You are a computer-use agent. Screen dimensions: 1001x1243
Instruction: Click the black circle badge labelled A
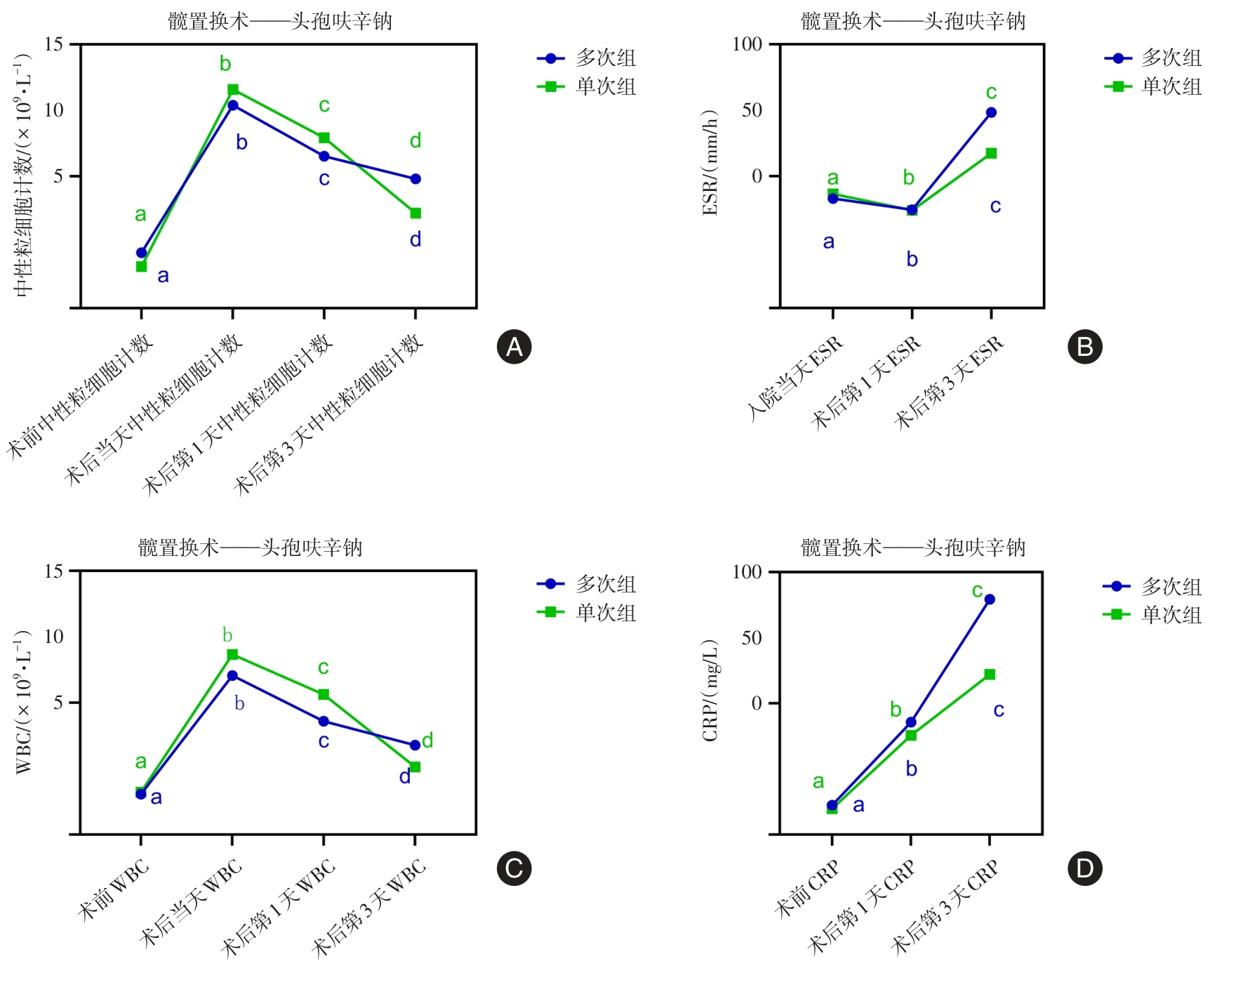pyautogui.click(x=514, y=347)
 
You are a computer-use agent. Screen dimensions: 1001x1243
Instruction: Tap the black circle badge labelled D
pyautogui.click(x=1084, y=868)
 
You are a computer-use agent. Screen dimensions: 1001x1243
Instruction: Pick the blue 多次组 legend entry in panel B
pyautogui.click(x=1152, y=58)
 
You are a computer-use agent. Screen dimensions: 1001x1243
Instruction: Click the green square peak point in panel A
pyautogui.click(x=233, y=89)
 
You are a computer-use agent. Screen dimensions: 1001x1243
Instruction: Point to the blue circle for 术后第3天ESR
pyautogui.click(x=991, y=112)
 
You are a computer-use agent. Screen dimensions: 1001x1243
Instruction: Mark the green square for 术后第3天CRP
pyautogui.click(x=990, y=675)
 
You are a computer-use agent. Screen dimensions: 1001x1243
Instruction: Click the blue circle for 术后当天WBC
pyautogui.click(x=232, y=676)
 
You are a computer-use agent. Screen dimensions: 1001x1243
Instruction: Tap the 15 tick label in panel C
pyautogui.click(x=53, y=571)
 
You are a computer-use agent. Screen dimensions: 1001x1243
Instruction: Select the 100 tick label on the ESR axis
pyautogui.click(x=747, y=44)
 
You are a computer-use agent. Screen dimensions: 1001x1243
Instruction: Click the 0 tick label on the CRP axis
pyautogui.click(x=756, y=703)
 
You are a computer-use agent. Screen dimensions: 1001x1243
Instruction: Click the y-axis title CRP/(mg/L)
pyautogui.click(x=710, y=691)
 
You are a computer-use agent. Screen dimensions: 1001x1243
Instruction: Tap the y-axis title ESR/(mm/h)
pyautogui.click(x=710, y=163)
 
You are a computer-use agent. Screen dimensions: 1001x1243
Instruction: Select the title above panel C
pyautogui.click(x=250, y=548)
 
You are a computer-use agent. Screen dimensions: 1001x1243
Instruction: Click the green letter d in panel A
pyautogui.click(x=416, y=141)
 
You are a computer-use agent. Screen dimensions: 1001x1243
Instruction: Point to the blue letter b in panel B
pyautogui.click(x=912, y=260)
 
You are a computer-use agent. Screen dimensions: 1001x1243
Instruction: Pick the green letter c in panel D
pyautogui.click(x=977, y=591)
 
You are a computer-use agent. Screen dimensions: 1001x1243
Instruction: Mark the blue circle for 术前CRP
pyautogui.click(x=832, y=805)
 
